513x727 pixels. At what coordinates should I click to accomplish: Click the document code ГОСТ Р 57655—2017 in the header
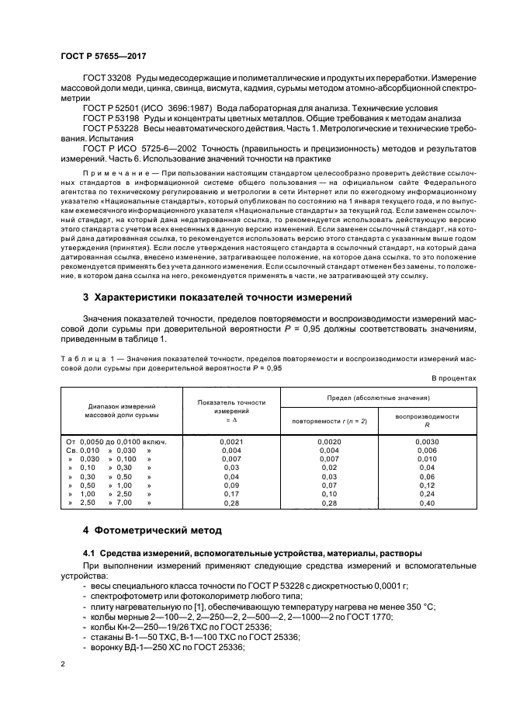tap(103, 57)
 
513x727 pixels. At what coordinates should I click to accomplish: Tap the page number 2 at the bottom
tap(64, 664)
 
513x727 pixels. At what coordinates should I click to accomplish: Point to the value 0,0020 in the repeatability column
tap(329, 441)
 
